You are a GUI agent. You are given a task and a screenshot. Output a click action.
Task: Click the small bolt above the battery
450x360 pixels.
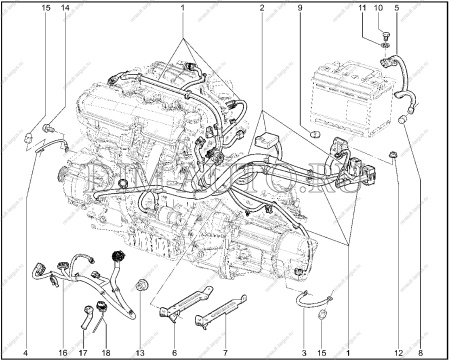[x=387, y=44]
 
